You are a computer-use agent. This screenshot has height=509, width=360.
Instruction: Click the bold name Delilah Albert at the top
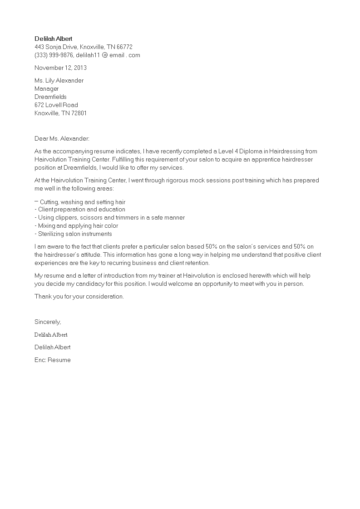click(53, 39)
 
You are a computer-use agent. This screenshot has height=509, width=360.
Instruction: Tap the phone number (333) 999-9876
click(54, 55)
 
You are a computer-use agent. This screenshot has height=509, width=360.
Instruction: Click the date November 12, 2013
click(60, 68)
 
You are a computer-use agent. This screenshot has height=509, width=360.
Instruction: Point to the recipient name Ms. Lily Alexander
click(59, 80)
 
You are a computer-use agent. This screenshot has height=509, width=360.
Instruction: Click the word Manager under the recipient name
click(47, 88)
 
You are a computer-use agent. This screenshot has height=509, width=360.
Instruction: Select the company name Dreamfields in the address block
click(50, 97)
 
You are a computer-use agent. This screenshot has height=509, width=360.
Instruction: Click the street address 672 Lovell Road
click(56, 105)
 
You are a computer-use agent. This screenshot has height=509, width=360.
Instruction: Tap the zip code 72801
click(79, 113)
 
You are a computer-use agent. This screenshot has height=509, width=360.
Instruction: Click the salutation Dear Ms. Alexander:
click(62, 138)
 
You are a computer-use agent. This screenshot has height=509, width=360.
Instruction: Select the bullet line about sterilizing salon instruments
click(73, 234)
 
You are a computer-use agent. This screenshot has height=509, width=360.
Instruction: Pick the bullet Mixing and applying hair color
click(76, 225)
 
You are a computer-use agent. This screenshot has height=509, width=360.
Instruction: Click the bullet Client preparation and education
click(80, 209)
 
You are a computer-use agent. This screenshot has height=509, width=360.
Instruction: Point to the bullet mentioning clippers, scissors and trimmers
click(110, 217)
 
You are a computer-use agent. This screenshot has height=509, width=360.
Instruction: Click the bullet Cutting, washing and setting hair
click(80, 202)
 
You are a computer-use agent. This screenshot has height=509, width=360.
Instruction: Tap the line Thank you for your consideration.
click(79, 296)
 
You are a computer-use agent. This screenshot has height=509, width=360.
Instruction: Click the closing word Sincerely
click(48, 322)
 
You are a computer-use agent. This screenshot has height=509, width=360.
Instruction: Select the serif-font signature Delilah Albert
click(51, 334)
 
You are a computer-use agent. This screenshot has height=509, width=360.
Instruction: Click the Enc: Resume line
click(53, 360)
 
